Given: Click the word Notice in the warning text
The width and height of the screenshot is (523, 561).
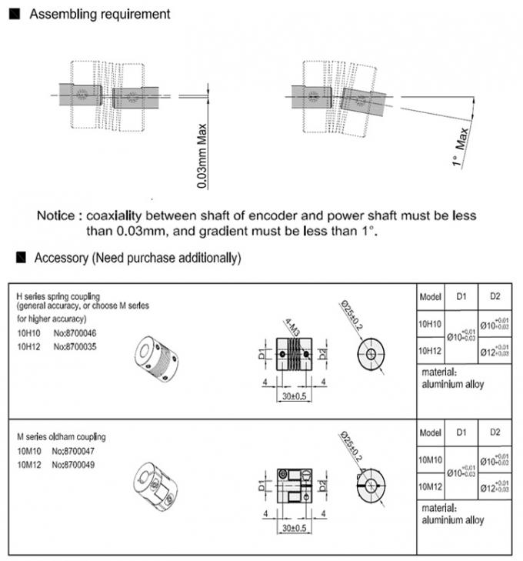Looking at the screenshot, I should coord(56,215).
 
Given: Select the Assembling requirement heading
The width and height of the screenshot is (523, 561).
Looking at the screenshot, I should coord(100,15).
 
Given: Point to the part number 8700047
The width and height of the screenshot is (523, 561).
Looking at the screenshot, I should coord(78,450).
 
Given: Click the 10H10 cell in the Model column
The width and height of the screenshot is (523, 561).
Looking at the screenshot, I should coord(429,326).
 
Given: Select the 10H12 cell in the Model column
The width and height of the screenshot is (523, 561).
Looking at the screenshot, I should coord(429,351).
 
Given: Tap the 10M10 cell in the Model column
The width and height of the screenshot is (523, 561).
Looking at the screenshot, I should coord(429,459).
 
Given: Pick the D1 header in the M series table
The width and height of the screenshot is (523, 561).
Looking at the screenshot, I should coord(461,432).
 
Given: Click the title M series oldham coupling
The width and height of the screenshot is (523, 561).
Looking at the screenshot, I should coord(62,437).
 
